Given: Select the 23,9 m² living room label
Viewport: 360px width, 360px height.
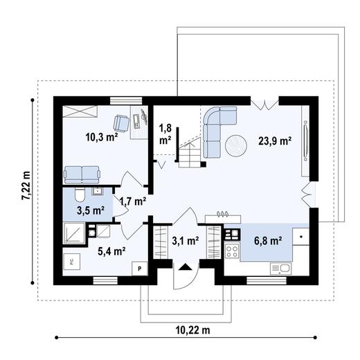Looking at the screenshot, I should click(275, 140).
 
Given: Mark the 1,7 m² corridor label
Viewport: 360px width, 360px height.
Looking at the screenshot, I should click(133, 201).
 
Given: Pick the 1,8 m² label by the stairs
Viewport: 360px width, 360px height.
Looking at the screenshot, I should click(165, 134).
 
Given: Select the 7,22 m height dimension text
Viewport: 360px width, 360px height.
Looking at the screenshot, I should click(26, 185).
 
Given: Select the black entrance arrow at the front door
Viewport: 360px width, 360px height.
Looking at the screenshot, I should click(184, 267).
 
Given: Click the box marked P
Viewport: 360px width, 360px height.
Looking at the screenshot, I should click(139, 268).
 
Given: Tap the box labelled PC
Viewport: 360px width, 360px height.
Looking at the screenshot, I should click(71, 262).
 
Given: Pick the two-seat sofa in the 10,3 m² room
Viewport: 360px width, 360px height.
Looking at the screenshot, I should click(80, 173).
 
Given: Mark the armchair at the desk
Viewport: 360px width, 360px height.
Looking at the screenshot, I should click(121, 123).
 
